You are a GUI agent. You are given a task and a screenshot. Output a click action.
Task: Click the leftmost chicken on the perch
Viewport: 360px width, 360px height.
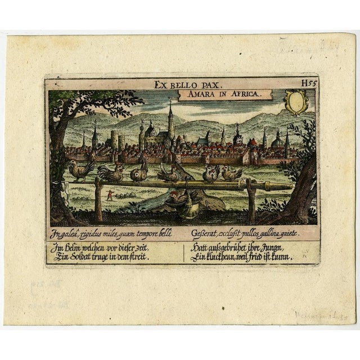(80, 169)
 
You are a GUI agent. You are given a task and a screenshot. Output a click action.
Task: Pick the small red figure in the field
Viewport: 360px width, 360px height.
(110, 196)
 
